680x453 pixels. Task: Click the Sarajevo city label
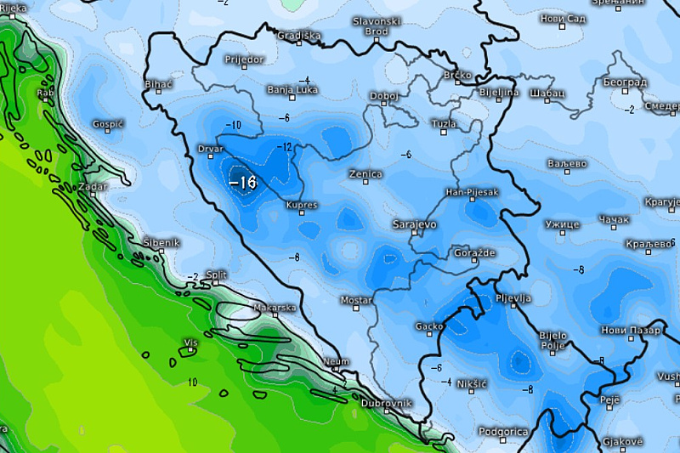point(414,224)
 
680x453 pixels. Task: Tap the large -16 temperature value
point(243,182)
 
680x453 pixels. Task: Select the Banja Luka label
point(292,89)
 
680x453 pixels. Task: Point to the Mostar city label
point(356,300)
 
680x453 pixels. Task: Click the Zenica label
point(365,174)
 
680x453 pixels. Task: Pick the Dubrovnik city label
point(386,403)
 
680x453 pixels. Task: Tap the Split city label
point(217,275)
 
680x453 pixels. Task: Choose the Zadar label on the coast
point(93,186)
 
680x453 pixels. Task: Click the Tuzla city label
point(444,124)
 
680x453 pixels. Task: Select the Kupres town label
point(302,206)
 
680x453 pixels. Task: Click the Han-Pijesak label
point(472,192)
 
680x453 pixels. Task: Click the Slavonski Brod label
point(377,26)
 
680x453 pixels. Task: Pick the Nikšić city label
point(471,384)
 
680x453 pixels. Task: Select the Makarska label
point(275,308)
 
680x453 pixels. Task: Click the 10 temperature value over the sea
point(192,382)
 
